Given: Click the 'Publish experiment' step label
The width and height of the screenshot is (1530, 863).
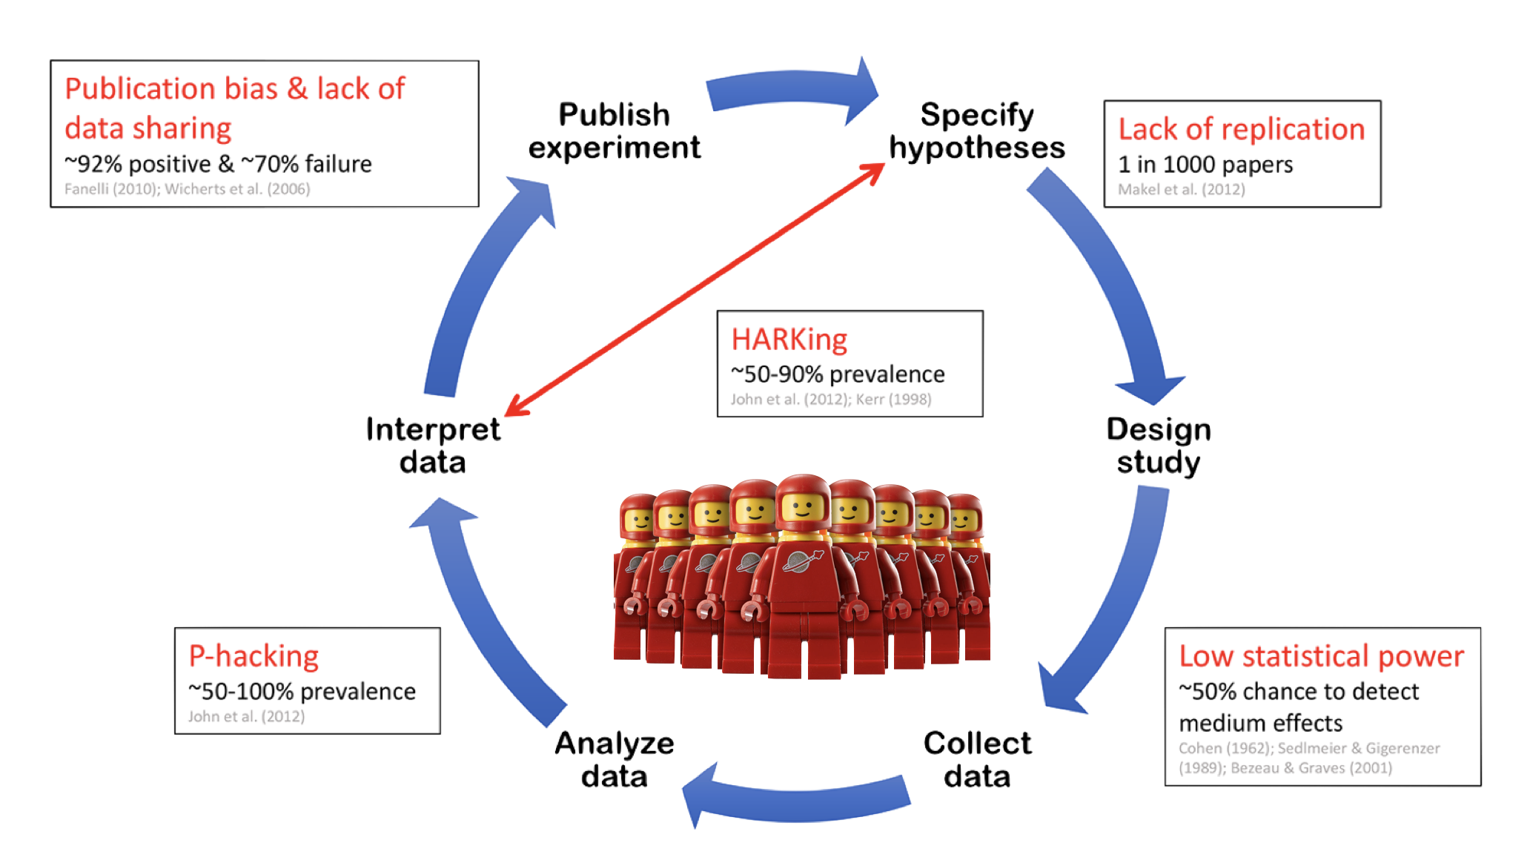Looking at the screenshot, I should (614, 131).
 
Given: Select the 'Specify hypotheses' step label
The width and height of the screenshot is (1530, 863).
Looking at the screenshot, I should (977, 131).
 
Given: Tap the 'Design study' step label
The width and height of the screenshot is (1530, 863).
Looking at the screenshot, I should (1159, 445).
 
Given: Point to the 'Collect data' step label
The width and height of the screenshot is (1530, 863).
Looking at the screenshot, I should (977, 758).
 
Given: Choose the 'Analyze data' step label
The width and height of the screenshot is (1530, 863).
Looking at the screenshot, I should (614, 758).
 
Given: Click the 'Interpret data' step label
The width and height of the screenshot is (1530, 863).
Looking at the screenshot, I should (434, 445).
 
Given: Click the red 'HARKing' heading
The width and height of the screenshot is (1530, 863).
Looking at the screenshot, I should (789, 340).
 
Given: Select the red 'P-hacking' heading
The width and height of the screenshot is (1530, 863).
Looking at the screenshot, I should (254, 656).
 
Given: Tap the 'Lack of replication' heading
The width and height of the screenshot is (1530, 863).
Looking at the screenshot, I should (1241, 129).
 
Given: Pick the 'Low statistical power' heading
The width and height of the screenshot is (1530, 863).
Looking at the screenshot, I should (1321, 656).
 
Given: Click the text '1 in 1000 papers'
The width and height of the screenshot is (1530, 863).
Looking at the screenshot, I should (1205, 165).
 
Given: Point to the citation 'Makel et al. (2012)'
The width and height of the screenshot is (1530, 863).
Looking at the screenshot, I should (1181, 189).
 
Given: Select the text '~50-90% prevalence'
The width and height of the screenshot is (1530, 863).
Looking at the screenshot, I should (838, 374).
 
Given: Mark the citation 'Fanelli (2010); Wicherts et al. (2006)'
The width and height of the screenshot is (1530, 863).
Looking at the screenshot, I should (187, 189).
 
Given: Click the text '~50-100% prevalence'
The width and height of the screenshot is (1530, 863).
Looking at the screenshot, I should (302, 692).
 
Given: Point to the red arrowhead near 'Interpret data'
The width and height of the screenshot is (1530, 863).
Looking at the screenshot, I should (514, 407).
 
